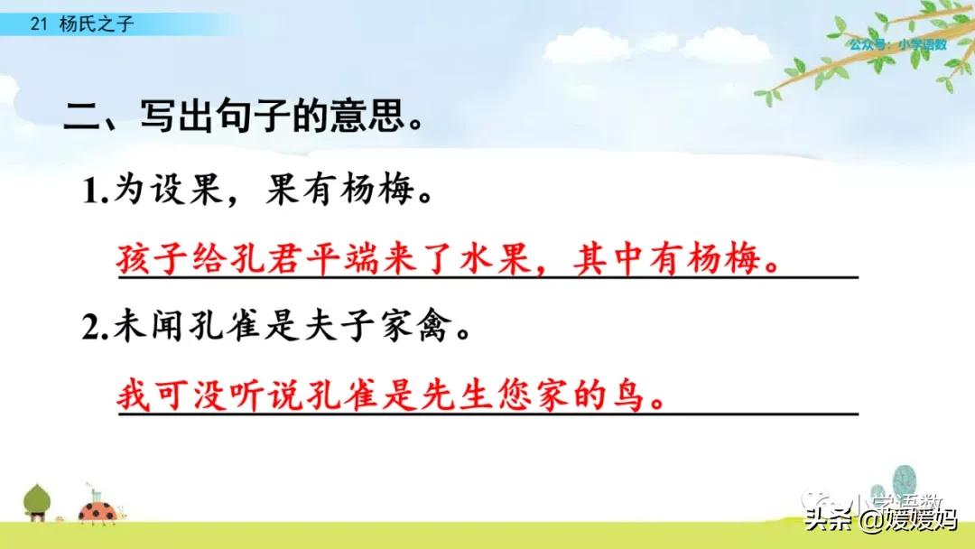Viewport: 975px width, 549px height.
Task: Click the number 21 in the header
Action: tap(37, 25)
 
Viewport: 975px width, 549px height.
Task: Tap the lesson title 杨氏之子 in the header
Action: tap(96, 25)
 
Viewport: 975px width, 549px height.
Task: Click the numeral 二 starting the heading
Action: tap(82, 117)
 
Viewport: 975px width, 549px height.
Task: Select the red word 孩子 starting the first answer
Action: tap(151, 261)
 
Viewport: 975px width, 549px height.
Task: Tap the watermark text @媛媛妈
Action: tap(907, 521)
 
